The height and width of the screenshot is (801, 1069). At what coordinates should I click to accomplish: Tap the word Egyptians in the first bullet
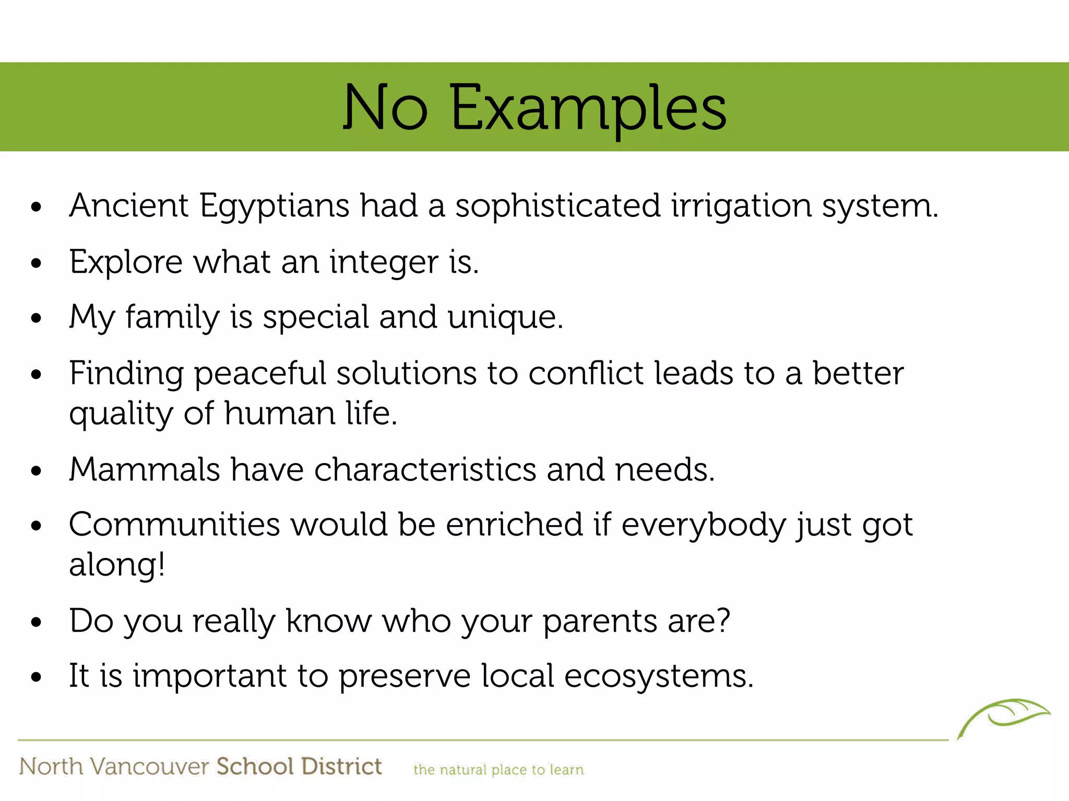tap(275, 207)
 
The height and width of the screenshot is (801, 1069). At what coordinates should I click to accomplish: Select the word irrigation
tap(741, 207)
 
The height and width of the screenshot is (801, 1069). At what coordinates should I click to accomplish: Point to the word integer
tap(384, 263)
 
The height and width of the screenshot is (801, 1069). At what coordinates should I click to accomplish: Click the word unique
tap(505, 318)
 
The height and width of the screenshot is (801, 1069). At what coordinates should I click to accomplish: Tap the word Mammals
tap(145, 469)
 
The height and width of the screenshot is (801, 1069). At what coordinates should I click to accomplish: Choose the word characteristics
tap(425, 469)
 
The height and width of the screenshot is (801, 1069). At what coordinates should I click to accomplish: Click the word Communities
tap(174, 525)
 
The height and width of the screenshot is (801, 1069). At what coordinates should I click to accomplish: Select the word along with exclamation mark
tap(117, 565)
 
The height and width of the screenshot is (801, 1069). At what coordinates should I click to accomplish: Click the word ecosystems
tap(659, 676)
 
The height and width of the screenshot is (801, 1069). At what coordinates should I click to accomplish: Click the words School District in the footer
tap(299, 767)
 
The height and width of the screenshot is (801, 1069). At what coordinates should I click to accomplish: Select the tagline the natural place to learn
tap(498, 770)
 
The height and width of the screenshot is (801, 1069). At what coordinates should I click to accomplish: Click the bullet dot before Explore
tap(35, 263)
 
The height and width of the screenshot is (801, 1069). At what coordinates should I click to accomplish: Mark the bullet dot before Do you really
tap(35, 622)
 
